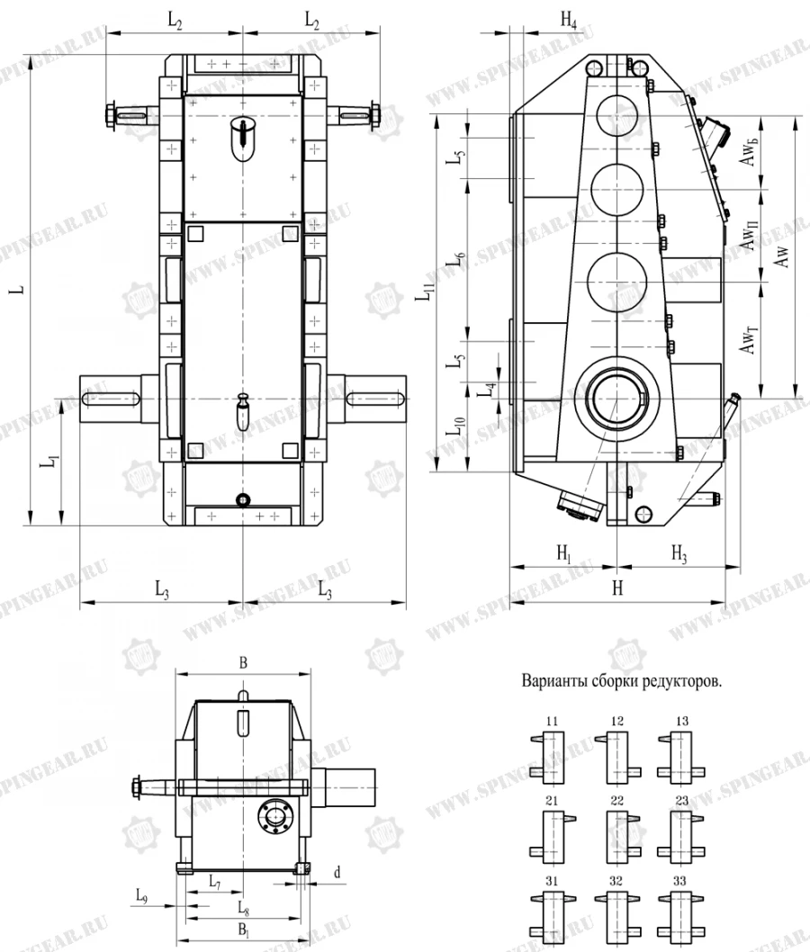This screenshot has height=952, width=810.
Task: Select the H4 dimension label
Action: click(x=568, y=21)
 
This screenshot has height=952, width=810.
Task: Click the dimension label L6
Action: click(x=457, y=260)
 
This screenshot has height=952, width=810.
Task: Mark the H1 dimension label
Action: click(x=563, y=555)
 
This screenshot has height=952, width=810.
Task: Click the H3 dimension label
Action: click(x=679, y=555)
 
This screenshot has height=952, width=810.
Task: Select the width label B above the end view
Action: click(x=242, y=661)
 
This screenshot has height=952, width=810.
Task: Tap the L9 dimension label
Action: click(x=142, y=895)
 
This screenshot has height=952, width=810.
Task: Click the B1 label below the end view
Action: click(x=242, y=929)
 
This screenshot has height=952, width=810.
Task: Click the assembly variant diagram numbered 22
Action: click(x=617, y=828)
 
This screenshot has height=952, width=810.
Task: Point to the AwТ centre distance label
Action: click(x=749, y=339)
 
